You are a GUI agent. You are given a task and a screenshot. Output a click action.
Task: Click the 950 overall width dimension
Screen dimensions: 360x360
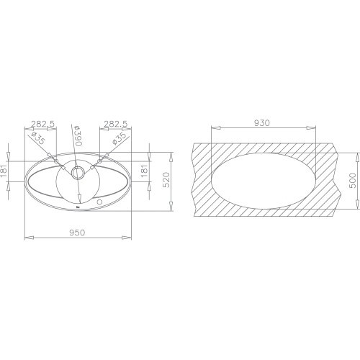tap(77, 233)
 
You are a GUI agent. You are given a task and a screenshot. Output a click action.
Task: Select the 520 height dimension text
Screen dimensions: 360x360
tap(166, 180)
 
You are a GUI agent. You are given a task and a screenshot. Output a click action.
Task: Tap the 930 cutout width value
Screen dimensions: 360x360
tap(262, 123)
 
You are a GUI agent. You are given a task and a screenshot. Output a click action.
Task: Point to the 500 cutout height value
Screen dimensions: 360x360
tap(353, 181)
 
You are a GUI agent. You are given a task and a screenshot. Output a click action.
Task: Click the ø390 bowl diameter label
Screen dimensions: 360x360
tap(78, 135)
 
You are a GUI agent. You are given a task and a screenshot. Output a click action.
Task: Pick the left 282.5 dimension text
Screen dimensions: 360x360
tap(43, 124)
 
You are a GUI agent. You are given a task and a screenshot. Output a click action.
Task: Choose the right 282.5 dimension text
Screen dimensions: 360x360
tap(116, 124)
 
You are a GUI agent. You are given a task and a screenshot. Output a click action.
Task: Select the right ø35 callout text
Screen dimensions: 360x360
tap(119, 139)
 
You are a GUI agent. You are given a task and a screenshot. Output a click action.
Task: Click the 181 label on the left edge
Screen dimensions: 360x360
tap(4, 171)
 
